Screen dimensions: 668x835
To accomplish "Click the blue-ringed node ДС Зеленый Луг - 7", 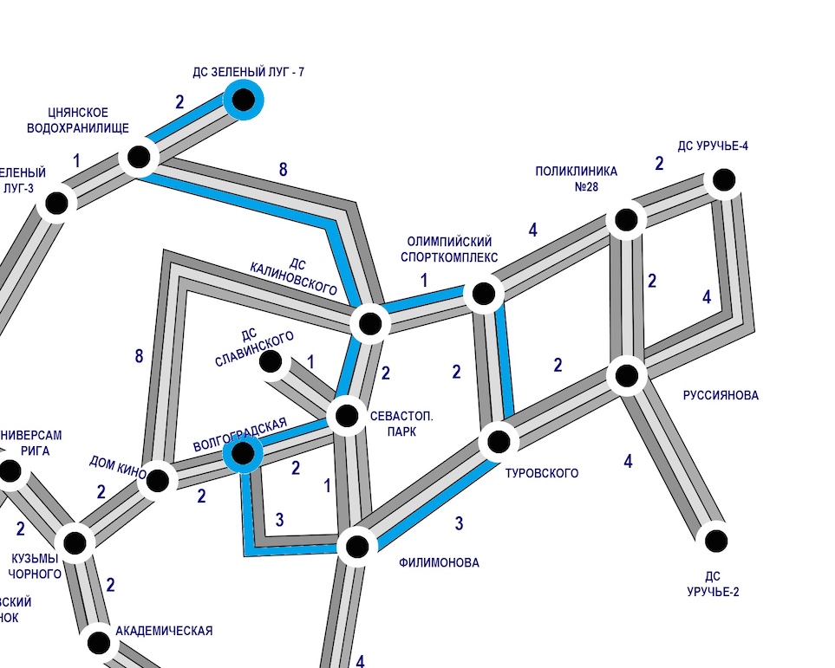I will pyautogui.click(x=244, y=100).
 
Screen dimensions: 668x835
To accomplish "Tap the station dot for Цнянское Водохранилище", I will pyautogui.click(x=139, y=158).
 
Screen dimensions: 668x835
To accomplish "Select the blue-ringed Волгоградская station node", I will pyautogui.click(x=243, y=452).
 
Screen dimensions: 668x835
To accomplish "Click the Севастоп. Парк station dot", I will pyautogui.click(x=347, y=416).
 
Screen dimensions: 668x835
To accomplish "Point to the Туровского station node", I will pyautogui.click(x=499, y=442).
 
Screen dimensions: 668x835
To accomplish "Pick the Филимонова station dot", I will pyautogui.click(x=356, y=547).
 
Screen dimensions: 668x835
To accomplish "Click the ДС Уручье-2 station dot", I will pyautogui.click(x=715, y=541).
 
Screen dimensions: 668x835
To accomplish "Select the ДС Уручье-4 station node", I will pyautogui.click(x=723, y=181).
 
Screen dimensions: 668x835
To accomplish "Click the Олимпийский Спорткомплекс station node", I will pyautogui.click(x=483, y=293).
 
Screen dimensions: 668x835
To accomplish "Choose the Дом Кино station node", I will pyautogui.click(x=158, y=479).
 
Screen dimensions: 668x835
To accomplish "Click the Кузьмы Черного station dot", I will pyautogui.click(x=75, y=542).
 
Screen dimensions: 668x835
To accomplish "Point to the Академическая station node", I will pyautogui.click(x=99, y=643).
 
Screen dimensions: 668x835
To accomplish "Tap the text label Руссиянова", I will pyautogui.click(x=721, y=396).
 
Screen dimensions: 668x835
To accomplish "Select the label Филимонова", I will pyautogui.click(x=439, y=563).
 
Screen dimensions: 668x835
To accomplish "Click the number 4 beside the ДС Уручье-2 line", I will pyautogui.click(x=628, y=461).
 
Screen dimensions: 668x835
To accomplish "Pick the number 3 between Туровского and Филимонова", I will pyautogui.click(x=460, y=523).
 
